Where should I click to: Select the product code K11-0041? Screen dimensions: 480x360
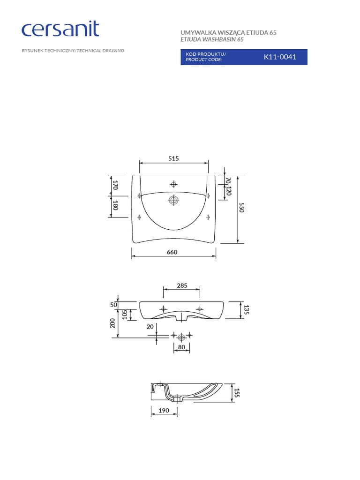click(x=280, y=57)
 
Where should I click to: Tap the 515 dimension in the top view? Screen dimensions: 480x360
click(x=174, y=158)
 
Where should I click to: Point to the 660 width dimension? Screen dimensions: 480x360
click(x=172, y=252)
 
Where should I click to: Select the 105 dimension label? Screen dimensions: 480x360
click(x=125, y=315)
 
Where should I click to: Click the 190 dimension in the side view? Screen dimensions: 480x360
click(x=164, y=410)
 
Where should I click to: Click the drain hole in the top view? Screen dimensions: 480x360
click(x=173, y=201)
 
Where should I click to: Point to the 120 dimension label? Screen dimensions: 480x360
click(x=229, y=191)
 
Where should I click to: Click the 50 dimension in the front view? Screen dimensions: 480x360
click(x=113, y=304)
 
